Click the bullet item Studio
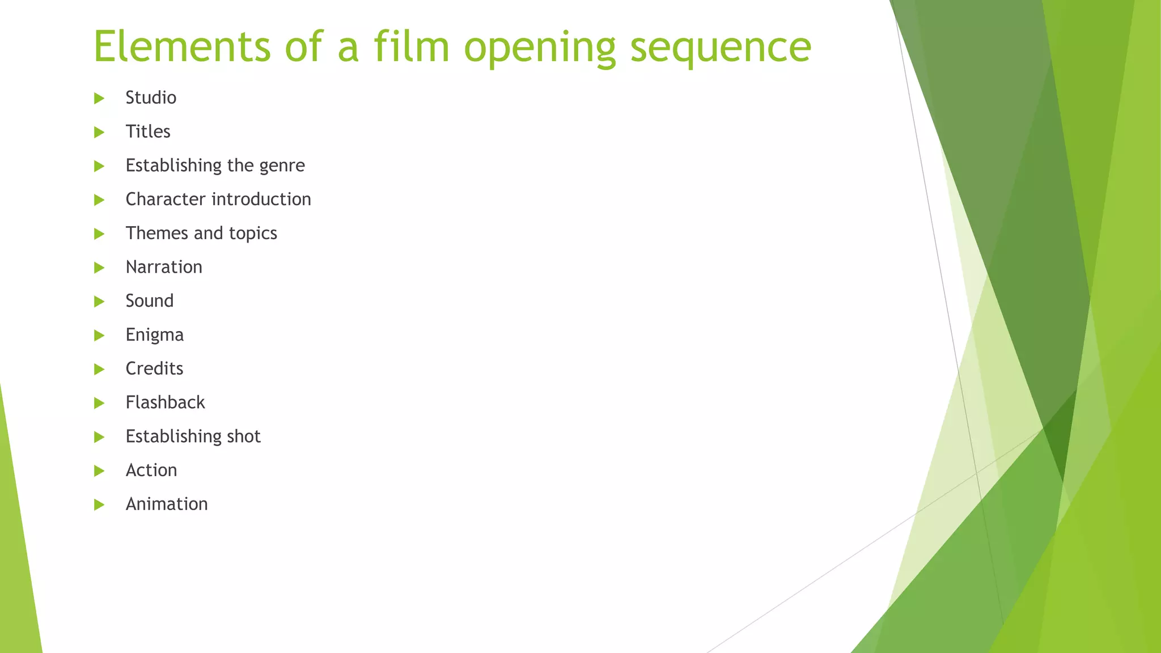[151, 97]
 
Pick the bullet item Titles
[148, 132]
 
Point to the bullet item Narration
[164, 267]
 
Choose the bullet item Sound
[150, 300]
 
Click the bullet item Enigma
[155, 335]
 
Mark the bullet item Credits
[154, 368]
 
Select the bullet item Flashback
[165, 402]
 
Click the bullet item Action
[151, 470]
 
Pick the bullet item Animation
[167, 504]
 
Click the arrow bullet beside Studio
[99, 99]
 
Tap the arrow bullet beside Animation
[99, 504]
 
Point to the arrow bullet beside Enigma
[99, 336]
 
